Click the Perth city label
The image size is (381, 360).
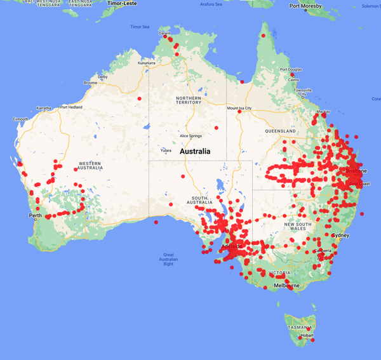(35, 216)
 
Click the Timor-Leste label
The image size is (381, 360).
(123, 3)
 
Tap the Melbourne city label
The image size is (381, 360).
(286, 286)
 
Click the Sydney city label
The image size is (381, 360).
(341, 236)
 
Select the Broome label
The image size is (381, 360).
(90, 83)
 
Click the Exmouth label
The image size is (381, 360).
(20, 119)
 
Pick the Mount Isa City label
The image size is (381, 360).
(240, 108)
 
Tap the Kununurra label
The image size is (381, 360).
(147, 63)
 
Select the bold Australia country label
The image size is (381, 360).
(200, 152)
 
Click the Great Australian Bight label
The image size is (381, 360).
(168, 259)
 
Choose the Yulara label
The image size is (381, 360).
(166, 150)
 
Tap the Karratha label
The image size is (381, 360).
(44, 108)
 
